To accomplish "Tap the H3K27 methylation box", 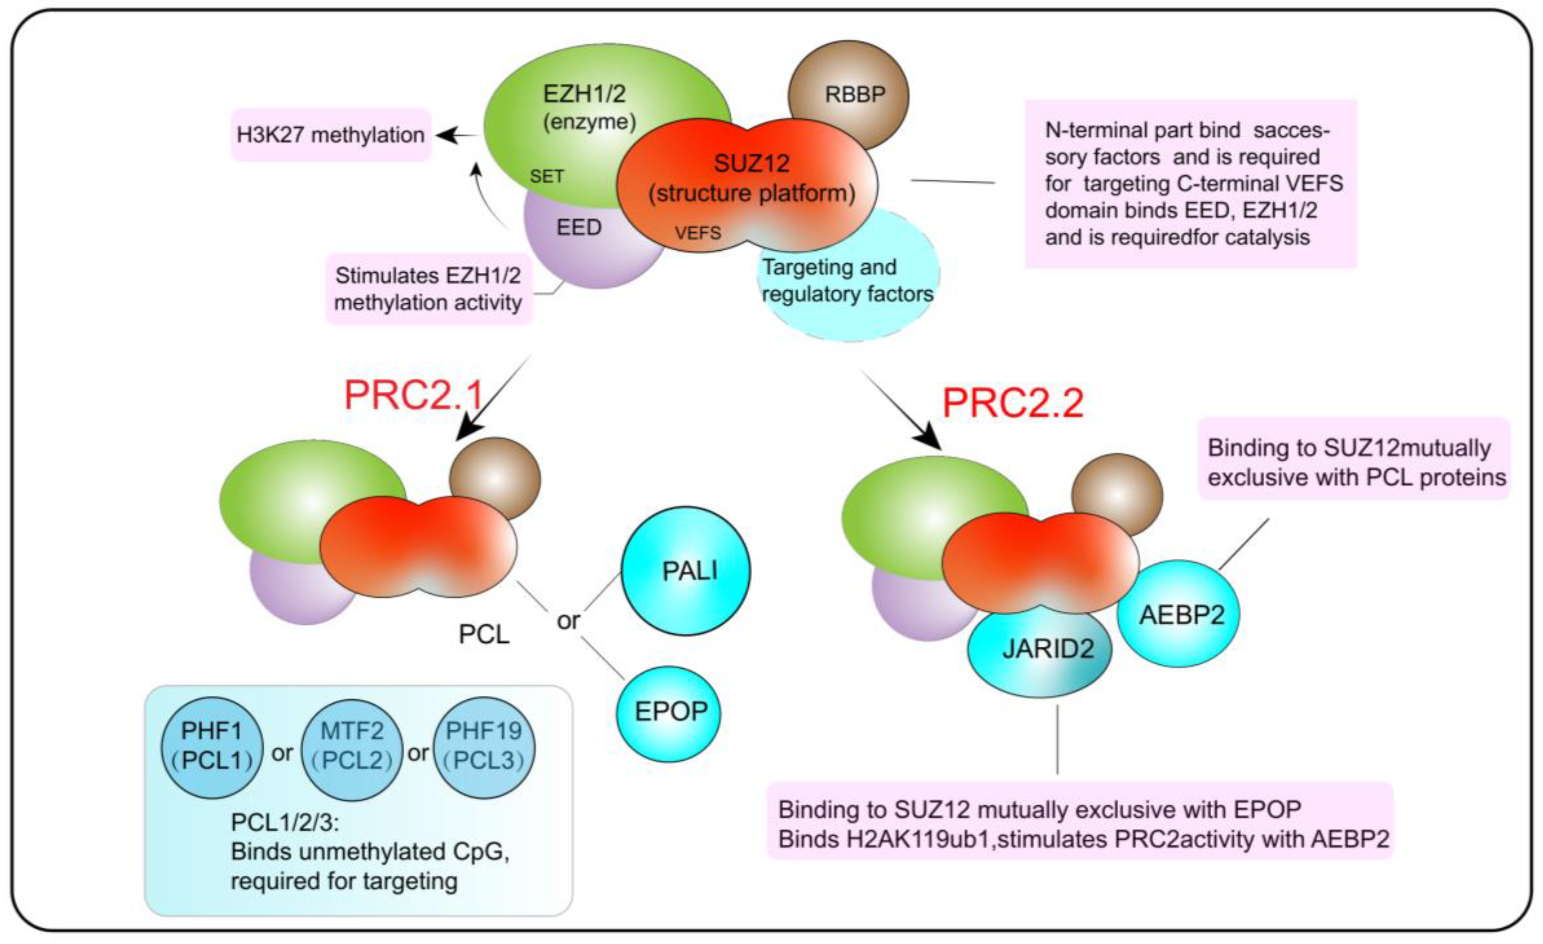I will point(331,135).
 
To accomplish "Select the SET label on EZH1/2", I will point(546,177).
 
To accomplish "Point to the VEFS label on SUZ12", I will point(697,233).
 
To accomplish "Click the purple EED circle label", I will point(579,227).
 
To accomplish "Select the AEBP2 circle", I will point(1181,614).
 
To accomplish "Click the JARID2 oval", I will point(1048,649).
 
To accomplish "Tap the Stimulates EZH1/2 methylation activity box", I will point(428,289).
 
